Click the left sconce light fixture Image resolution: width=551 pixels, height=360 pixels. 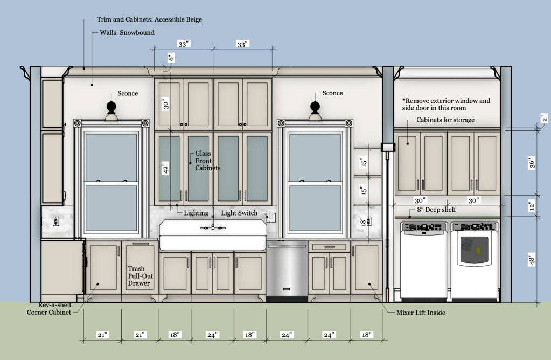[111, 112]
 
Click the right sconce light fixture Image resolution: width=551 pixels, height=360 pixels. [315, 112]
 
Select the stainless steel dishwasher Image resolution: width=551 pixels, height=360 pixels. [287, 271]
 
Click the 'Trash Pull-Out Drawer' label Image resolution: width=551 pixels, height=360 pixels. [140, 276]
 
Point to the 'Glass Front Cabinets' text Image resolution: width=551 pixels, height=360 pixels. [208, 161]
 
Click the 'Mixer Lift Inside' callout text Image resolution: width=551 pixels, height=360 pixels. [421, 313]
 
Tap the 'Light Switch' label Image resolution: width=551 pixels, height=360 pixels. [239, 213]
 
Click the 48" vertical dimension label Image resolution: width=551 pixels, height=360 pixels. [532, 259]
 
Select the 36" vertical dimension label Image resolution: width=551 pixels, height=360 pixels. [532, 163]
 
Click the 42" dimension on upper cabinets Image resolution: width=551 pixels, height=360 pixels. [166, 168]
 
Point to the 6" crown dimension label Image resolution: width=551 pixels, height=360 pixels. [171, 57]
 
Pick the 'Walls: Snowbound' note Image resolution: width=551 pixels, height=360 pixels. [127, 33]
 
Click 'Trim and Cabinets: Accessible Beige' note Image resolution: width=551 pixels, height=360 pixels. [149, 20]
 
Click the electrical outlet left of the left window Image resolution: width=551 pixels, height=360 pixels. [55, 221]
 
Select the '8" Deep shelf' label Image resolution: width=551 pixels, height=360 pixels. [436, 210]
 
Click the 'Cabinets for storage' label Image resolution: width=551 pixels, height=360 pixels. [445, 120]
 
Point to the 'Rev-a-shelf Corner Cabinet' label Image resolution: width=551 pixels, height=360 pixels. [49, 309]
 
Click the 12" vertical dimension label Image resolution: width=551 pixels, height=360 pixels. [532, 206]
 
